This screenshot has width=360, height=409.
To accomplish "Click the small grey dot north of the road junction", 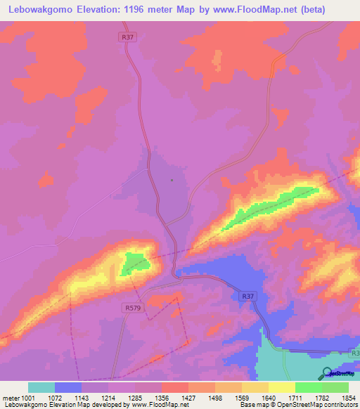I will tap(171, 180).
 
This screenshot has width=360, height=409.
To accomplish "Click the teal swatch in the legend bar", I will tap(41, 387).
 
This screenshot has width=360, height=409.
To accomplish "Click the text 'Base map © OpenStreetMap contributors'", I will tap(296, 405).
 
